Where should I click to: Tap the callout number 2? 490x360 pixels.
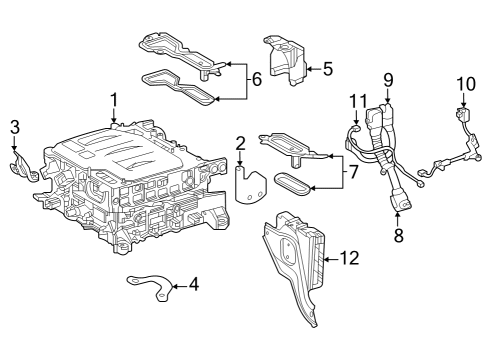tap(240, 145)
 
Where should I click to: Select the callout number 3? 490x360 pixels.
tap(14, 126)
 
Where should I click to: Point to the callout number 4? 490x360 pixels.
tap(193, 284)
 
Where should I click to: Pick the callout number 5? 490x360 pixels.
tap(327, 68)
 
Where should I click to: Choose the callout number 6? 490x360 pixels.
tap(257, 79)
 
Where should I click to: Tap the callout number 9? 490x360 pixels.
tap(389, 79)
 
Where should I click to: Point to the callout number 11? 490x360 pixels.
tap(358, 101)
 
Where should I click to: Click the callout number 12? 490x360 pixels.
tap(348, 257)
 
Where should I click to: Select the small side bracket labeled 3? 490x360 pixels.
tap(22, 164)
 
